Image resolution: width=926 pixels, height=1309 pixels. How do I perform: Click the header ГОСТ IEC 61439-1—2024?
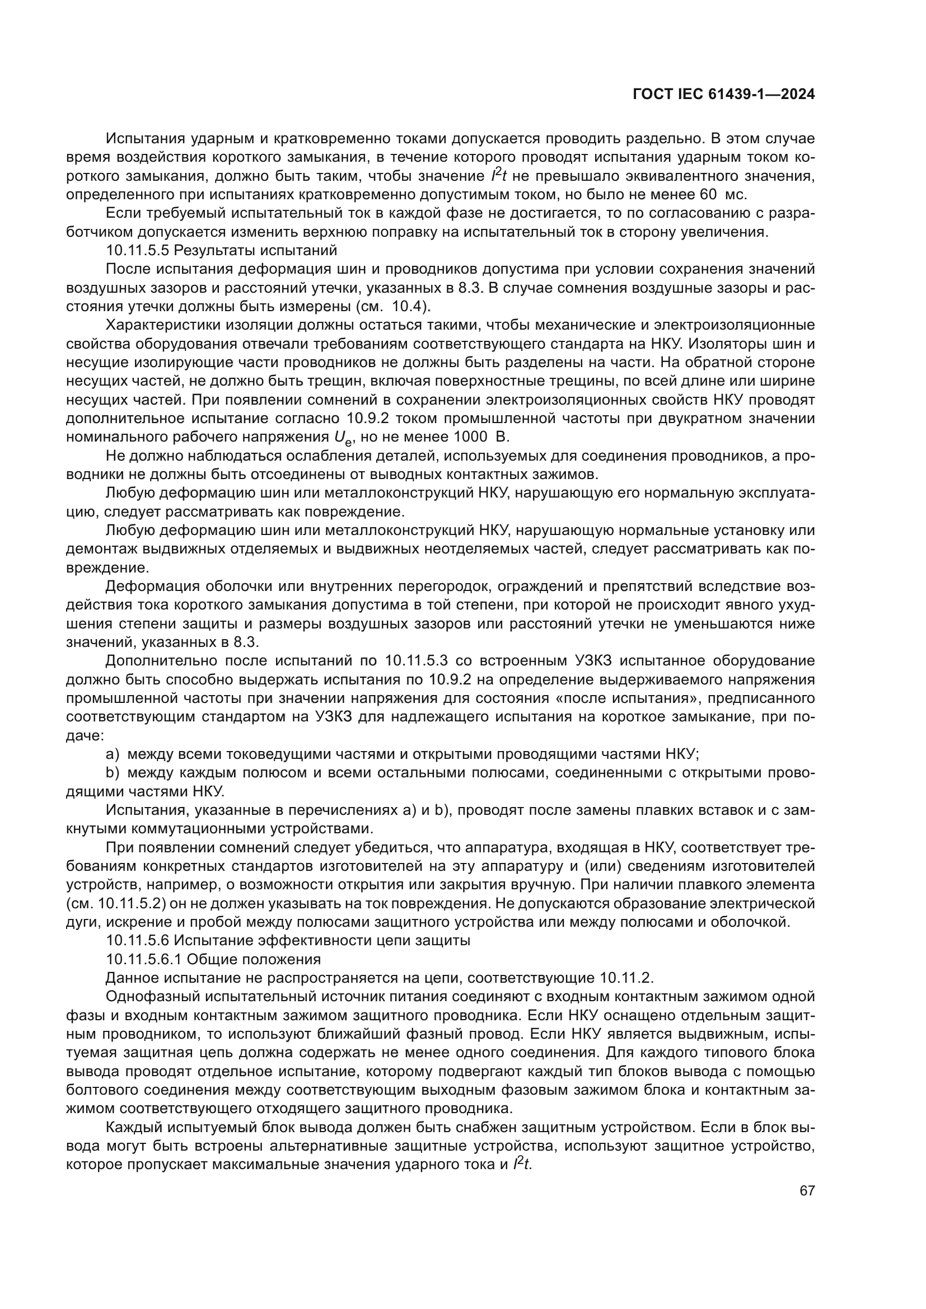click(723, 95)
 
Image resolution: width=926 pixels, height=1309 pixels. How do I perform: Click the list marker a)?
click(113, 754)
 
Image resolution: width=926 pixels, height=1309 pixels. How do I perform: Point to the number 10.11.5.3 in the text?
click(416, 661)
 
